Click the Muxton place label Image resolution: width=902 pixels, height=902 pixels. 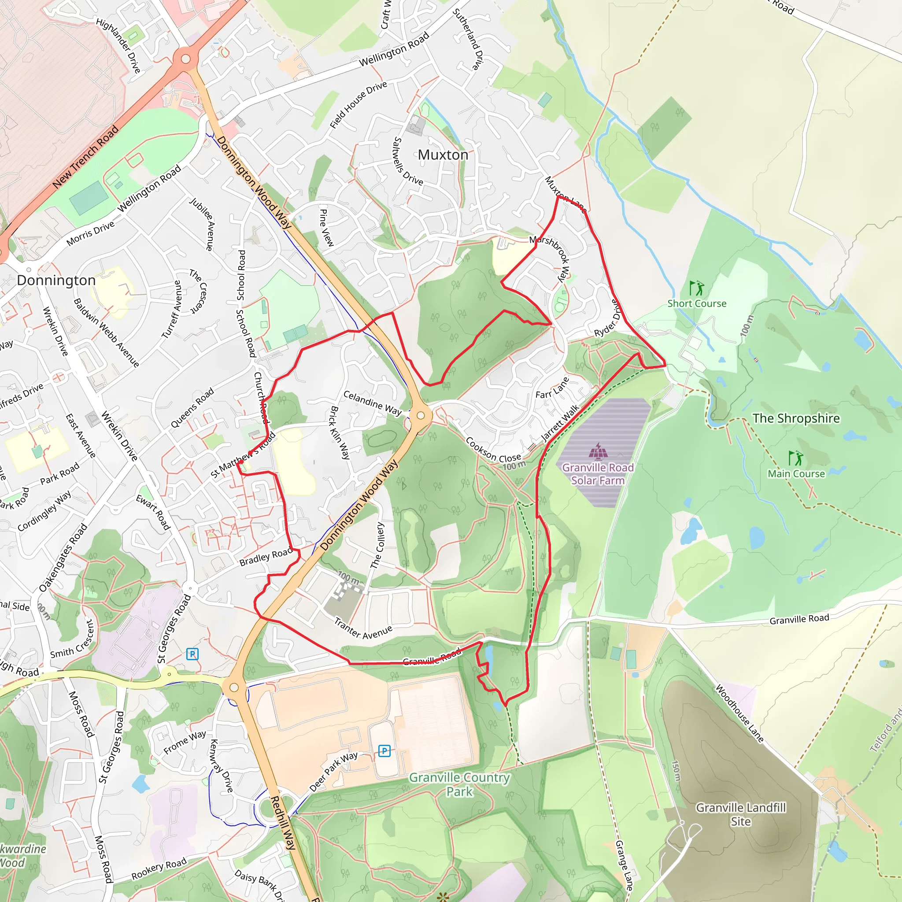click(x=443, y=155)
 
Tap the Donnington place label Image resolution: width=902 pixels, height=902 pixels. click(x=56, y=280)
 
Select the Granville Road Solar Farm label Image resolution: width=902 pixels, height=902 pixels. click(x=598, y=474)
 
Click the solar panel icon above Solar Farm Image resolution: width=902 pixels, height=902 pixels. click(x=598, y=451)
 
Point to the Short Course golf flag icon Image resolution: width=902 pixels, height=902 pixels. click(x=696, y=288)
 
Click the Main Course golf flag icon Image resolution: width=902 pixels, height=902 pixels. click(x=795, y=458)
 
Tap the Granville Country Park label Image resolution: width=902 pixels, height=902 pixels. click(x=459, y=784)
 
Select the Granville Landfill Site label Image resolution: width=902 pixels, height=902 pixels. click(x=740, y=814)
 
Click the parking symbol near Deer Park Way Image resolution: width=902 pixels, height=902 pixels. click(x=384, y=751)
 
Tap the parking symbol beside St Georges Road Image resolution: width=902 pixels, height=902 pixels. click(x=192, y=654)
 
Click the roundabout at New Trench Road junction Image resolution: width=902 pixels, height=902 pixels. click(x=185, y=59)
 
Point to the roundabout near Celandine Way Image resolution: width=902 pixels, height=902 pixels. click(x=421, y=415)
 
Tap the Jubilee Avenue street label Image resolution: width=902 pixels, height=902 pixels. click(x=202, y=224)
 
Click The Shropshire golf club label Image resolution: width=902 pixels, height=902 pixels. click(x=795, y=418)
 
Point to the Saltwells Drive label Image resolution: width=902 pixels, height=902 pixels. click(x=407, y=161)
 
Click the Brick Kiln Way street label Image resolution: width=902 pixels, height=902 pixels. click(x=340, y=433)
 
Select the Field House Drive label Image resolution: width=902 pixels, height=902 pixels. click(x=358, y=104)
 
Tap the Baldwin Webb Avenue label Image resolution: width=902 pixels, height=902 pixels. click(x=106, y=333)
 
